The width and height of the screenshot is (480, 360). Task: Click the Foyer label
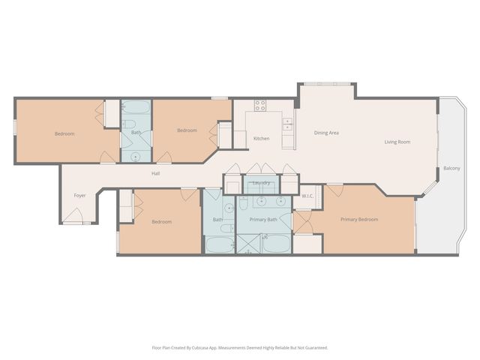pos(79,196)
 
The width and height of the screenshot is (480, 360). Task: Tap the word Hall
pos(156,173)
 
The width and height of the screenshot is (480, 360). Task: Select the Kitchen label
pos(261,139)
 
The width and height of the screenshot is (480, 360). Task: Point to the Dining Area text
pos(326,133)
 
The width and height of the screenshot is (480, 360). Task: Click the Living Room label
pos(397,142)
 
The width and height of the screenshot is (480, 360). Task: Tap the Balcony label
pos(451,168)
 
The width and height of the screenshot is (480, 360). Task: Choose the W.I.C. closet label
pos(307,196)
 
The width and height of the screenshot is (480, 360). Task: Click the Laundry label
pos(261,182)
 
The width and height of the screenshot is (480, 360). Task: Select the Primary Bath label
pos(263,220)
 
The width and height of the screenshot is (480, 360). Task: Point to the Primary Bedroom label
pos(359,220)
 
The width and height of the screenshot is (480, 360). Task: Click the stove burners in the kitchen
pos(260,106)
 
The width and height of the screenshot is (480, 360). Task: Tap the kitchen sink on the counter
pos(287,123)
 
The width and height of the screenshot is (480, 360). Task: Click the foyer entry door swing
pos(73,217)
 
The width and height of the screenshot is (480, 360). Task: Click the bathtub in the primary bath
pos(276,244)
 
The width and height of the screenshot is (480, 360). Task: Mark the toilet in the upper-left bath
pos(128,124)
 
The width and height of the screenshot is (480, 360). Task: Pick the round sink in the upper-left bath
pos(136,156)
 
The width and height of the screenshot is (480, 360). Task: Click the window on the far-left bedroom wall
pos(15,127)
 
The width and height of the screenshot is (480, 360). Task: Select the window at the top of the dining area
pos(327,83)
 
